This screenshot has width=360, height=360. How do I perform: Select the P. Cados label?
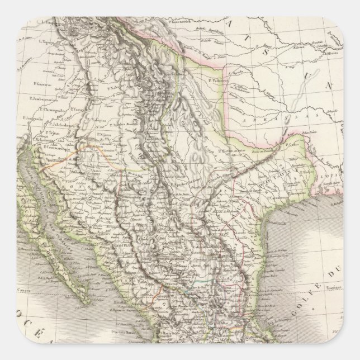[x=291, y=144]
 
